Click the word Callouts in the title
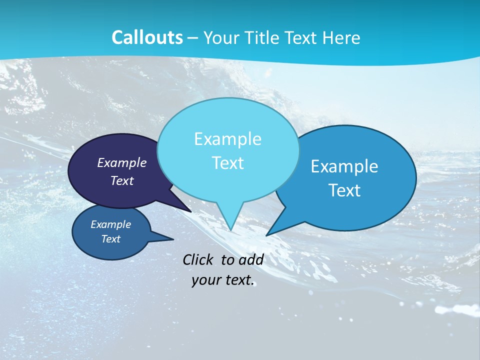[147, 37]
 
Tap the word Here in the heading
[342, 38]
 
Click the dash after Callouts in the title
[193, 38]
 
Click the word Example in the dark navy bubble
[121, 162]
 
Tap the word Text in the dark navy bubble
[121, 180]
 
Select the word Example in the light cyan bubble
[227, 139]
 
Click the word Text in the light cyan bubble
[227, 163]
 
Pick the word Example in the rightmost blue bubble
[344, 166]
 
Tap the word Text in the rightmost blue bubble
[344, 190]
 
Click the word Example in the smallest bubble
[110, 224]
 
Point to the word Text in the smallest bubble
[110, 239]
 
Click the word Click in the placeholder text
[199, 259]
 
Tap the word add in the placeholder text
[250, 259]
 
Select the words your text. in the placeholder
[222, 280]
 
